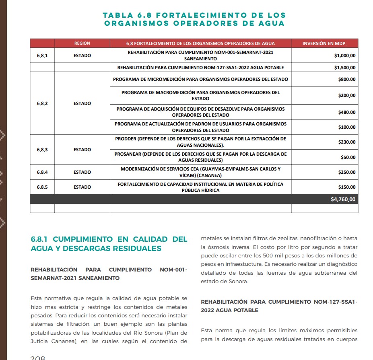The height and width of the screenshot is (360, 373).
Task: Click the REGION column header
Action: [82, 43]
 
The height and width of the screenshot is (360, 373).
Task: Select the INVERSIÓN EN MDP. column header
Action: [324, 43]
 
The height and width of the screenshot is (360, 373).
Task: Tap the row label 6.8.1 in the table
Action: [42, 56]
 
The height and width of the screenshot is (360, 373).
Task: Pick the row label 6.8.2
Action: [42, 103]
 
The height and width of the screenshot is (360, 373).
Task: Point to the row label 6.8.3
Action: [42, 150]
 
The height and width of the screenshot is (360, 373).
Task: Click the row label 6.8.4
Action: [42, 172]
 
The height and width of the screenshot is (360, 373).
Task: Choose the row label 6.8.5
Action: [42, 187]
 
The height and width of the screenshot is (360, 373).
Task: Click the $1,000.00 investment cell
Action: [345, 56]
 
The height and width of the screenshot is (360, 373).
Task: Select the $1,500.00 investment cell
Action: [345, 68]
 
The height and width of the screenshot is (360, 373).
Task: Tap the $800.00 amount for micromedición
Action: [347, 79]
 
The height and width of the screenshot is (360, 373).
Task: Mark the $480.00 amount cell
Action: [347, 112]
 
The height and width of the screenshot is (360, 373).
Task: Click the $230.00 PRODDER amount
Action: [347, 142]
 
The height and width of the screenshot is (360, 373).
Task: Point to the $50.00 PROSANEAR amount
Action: [348, 157]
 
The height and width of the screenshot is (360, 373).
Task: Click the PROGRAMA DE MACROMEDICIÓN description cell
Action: [200, 95]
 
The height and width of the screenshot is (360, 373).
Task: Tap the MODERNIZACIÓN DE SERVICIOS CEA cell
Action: [200, 172]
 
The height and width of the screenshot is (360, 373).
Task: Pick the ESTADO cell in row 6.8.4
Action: [82, 172]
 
